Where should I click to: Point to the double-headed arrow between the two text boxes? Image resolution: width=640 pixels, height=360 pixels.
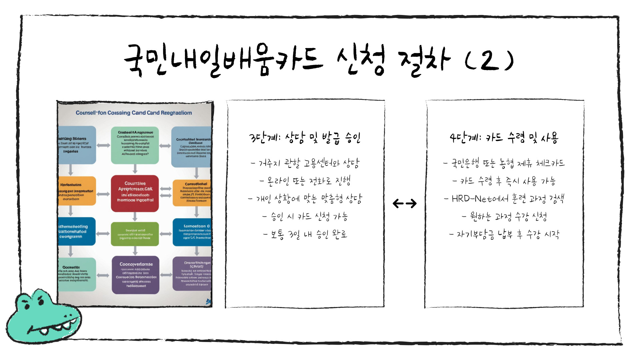404,203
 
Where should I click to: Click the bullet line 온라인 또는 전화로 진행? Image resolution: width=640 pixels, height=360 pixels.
305,181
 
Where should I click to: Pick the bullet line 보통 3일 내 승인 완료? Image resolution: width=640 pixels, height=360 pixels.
305,234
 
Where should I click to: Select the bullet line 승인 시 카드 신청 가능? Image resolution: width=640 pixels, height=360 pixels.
305,217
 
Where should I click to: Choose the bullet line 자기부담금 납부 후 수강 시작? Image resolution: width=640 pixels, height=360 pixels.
504,235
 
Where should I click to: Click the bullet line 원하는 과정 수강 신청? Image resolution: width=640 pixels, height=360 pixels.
504,217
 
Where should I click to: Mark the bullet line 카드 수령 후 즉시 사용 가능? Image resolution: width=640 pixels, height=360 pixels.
504,181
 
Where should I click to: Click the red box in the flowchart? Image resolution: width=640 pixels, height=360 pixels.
135,193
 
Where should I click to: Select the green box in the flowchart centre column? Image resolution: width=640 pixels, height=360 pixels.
135,234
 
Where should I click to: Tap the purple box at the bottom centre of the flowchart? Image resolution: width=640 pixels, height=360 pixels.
135,275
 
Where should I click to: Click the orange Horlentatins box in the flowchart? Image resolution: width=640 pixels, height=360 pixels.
77,191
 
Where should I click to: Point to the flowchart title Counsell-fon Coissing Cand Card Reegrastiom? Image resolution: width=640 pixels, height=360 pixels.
134,113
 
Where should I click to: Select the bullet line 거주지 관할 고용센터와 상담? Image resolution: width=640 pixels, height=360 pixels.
305,163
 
